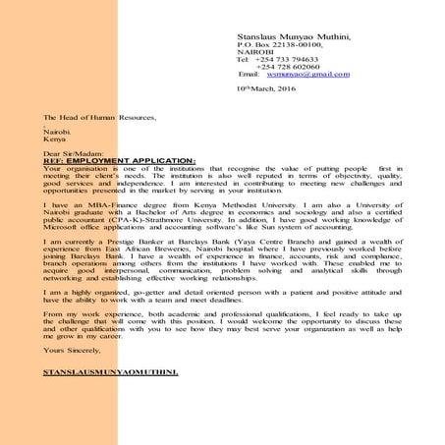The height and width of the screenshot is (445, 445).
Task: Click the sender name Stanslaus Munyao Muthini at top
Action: [294, 36]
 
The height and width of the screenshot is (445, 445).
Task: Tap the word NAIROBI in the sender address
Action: [254, 54]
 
